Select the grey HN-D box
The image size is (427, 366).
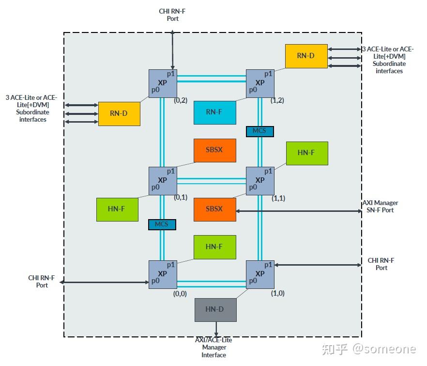[215, 310]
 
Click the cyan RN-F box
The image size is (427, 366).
[215, 112]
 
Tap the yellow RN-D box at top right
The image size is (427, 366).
[306, 56]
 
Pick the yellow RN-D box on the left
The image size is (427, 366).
[119, 114]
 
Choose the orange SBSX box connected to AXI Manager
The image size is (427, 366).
[215, 209]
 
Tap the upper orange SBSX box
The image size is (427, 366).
[215, 151]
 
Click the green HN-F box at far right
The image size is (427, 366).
[307, 153]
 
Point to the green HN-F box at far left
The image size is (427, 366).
[117, 209]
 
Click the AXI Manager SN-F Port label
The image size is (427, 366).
[380, 207]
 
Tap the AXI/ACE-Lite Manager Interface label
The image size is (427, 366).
[214, 348]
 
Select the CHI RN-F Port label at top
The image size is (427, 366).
[172, 15]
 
